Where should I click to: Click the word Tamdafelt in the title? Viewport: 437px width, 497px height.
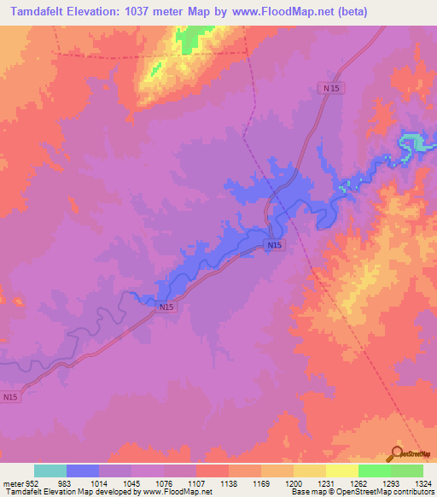click(x=40, y=11)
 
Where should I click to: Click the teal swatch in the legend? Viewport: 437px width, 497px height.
click(x=50, y=471)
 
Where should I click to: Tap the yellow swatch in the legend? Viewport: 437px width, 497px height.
click(x=342, y=471)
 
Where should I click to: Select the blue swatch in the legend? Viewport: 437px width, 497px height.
click(x=83, y=471)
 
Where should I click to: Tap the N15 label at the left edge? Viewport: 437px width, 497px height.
click(x=9, y=397)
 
